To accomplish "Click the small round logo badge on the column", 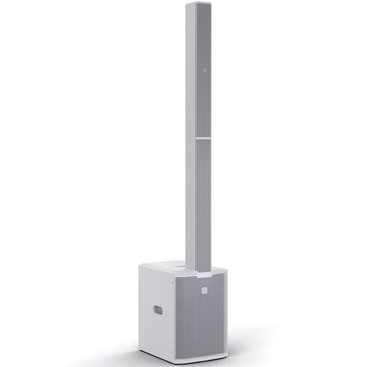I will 204,70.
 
